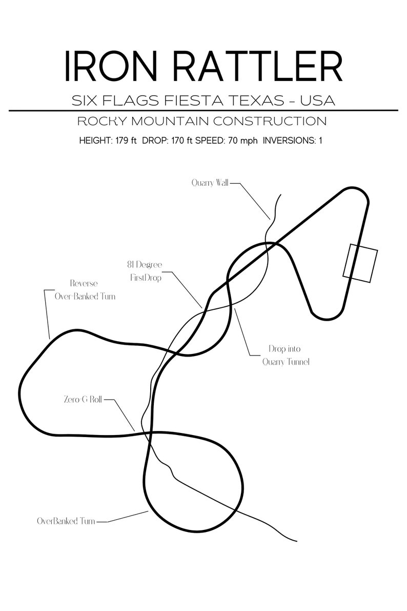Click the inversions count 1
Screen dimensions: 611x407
(320, 140)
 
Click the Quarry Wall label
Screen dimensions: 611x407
(210, 182)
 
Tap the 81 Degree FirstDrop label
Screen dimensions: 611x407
(145, 271)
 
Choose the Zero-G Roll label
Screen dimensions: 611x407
(83, 400)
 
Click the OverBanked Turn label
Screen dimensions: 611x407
(66, 521)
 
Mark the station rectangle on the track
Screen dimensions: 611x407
(360, 263)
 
